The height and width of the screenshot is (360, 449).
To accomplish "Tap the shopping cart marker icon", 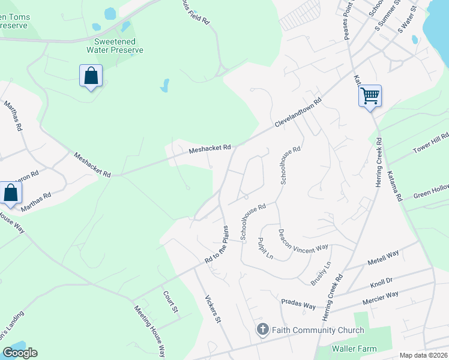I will [370, 95].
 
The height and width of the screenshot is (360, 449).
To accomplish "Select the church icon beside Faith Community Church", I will [262, 329].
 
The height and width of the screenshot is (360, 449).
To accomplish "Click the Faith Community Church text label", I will [318, 330].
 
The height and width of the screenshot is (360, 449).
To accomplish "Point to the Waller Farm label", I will [355, 349].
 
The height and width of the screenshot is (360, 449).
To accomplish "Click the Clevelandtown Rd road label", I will [299, 113].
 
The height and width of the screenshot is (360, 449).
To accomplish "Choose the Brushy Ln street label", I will [321, 273].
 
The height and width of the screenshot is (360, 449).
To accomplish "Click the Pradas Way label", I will [298, 304].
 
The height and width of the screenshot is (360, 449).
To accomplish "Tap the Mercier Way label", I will [379, 296].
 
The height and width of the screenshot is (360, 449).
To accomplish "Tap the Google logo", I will [20, 353].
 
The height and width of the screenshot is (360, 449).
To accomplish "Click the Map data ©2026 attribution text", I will [423, 355].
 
